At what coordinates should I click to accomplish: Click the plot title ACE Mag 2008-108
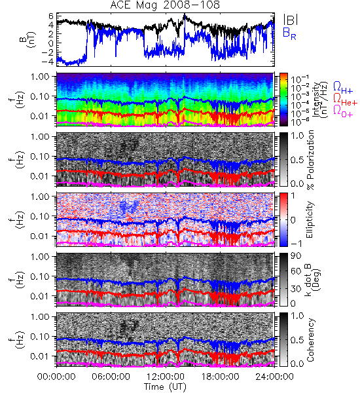coord(165,5)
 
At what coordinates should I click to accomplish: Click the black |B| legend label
coord(291,20)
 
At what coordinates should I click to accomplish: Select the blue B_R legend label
coord(289,33)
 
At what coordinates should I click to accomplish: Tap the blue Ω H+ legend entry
coord(343,88)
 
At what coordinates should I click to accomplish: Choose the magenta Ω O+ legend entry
coord(343,111)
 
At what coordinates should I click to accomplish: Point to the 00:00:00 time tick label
coord(56,377)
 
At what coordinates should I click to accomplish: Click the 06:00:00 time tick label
coord(111,377)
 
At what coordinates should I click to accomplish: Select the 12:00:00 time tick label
coord(166,377)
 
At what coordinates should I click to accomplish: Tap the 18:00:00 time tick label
coord(220,377)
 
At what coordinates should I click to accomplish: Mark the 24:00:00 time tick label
coord(274,377)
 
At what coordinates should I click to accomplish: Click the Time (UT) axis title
coord(165,386)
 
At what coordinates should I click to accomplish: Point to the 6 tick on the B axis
coord(51,16)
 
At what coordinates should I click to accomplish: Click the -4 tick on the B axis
coord(48,62)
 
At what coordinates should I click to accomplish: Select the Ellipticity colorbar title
coord(310,220)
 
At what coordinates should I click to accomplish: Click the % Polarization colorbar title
coord(310,160)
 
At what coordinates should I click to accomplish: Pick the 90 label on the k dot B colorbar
coord(296,256)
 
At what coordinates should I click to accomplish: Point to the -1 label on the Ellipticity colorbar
coord(295,244)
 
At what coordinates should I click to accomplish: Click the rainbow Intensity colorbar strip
coord(283,100)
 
